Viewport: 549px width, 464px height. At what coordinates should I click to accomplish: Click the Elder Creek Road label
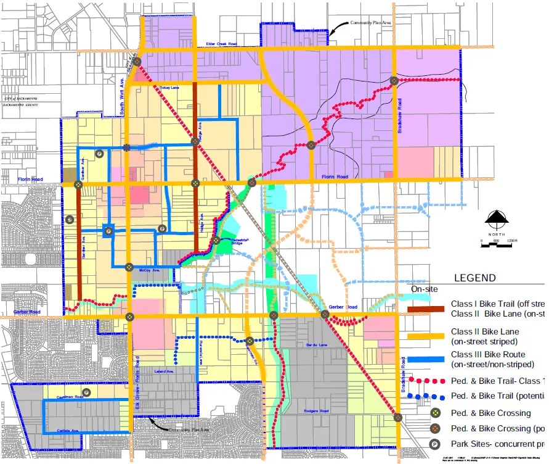(x=221, y=44)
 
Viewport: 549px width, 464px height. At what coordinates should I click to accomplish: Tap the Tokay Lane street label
(x=169, y=88)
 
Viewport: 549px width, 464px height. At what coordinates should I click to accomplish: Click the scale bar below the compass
(x=497, y=245)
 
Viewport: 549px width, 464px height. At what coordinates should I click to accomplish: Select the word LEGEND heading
(x=474, y=278)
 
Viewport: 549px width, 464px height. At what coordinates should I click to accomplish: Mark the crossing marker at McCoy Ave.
(x=129, y=267)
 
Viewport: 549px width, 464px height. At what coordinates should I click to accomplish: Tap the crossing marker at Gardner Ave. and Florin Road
(x=78, y=184)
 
